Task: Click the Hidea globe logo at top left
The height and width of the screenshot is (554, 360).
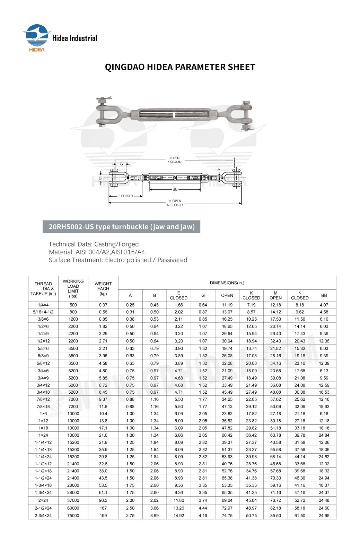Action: coord(36,36)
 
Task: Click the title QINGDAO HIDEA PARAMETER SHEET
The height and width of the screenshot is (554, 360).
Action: coord(180,67)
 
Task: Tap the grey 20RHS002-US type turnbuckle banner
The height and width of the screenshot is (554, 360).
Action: coord(121,227)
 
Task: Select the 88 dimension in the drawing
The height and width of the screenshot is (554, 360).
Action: coord(175,189)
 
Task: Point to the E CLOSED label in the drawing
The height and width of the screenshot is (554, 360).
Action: coord(125,196)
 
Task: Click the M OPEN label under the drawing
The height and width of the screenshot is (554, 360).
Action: coord(175,201)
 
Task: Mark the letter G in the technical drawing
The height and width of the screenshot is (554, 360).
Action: coord(121,164)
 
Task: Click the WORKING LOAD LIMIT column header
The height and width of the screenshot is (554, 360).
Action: coord(73,288)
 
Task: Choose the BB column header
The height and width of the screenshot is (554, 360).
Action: coord(324,295)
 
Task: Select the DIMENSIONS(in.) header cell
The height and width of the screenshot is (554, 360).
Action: coord(227,283)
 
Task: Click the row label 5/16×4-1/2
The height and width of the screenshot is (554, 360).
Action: coord(43,312)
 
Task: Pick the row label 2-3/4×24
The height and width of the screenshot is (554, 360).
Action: coord(43,516)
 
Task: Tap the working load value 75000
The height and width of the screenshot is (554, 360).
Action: coord(73,516)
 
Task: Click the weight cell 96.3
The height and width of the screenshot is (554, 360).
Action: coord(103,500)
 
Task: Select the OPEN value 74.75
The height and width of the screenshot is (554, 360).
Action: coord(227,516)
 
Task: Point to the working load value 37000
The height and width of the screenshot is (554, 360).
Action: coord(73,500)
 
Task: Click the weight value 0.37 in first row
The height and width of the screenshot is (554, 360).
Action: coord(103,305)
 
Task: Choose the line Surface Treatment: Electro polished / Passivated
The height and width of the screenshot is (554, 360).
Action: coord(118,260)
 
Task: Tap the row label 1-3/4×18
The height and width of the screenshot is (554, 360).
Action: coord(43,485)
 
